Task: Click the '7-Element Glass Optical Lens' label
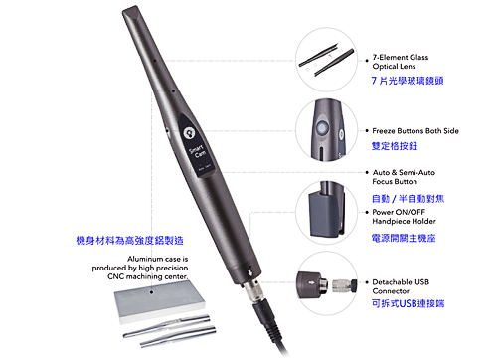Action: coord(401,62)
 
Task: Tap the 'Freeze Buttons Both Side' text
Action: coord(415,131)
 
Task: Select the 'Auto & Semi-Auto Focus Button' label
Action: coord(404,177)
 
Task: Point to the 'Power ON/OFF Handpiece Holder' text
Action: coord(404,217)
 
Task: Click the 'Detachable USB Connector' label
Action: coord(401,286)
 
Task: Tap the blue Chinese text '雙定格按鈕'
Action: coord(395,146)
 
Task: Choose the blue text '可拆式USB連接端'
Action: coord(408,303)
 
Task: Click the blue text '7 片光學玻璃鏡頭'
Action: coord(408,81)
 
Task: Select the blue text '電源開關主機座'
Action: coord(404,238)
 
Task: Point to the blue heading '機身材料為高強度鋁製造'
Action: coord(129,241)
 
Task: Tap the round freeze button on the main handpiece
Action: coord(189,133)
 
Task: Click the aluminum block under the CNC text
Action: coord(159,301)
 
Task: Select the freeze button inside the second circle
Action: coord(322,127)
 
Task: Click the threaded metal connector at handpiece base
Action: coord(253,291)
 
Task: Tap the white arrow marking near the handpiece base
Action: coord(248,272)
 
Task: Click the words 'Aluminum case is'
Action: coord(158,259)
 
